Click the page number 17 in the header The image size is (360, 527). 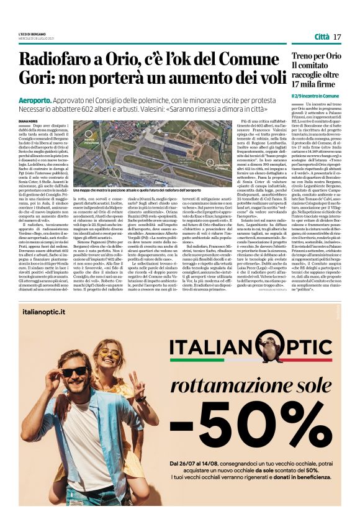(x=337, y=37)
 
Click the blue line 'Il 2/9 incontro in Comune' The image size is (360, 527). (x=315, y=96)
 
